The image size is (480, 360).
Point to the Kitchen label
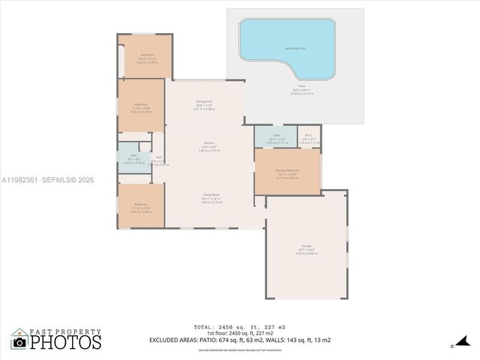click(209, 145)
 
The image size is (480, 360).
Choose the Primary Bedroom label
click(287, 171)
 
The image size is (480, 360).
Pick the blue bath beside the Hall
click(131, 158)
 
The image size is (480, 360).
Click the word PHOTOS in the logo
click(66, 342)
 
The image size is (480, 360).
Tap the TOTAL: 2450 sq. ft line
click(240, 327)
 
